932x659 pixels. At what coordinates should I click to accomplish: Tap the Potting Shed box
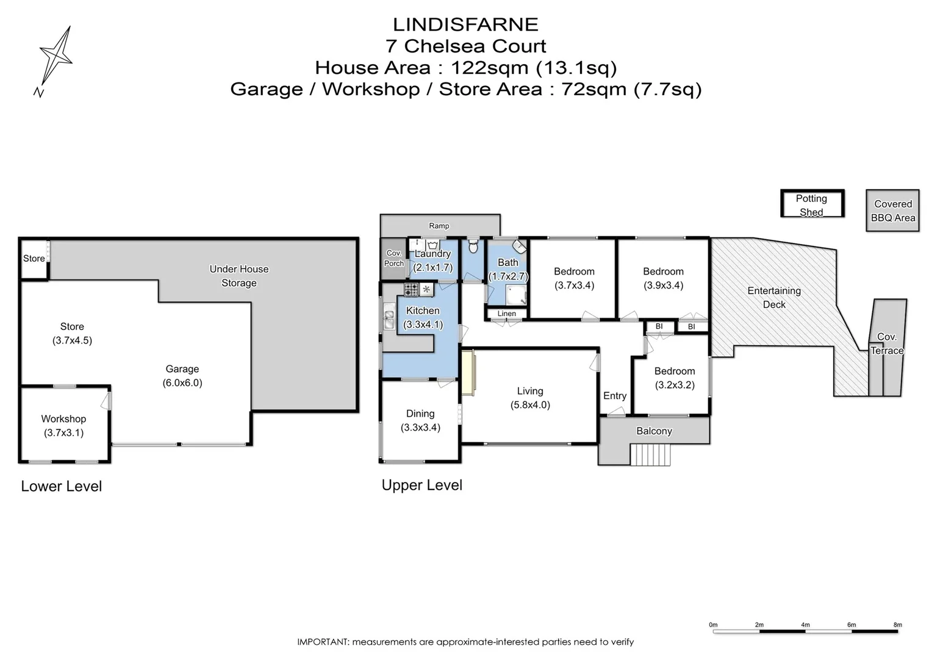(812, 204)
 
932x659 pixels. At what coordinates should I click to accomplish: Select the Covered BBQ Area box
(892, 211)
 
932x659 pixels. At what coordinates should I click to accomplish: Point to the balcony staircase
(650, 455)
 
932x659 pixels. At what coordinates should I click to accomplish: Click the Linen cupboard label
(506, 314)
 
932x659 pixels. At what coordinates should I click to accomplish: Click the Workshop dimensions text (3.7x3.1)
(63, 433)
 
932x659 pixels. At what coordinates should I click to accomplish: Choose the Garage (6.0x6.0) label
(182, 376)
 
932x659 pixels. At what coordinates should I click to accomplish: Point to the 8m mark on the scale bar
(897, 625)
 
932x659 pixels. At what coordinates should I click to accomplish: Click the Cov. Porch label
(394, 258)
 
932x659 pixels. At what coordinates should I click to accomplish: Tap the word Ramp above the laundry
(439, 226)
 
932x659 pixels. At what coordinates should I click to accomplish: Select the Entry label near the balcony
(614, 395)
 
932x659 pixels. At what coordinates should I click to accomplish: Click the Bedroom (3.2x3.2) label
(674, 378)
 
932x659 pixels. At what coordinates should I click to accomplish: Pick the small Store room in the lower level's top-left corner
(34, 258)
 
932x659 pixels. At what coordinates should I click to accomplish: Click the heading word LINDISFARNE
(465, 24)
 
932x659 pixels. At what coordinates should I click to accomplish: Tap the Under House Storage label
(238, 276)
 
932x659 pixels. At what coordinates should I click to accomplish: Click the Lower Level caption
(61, 486)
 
